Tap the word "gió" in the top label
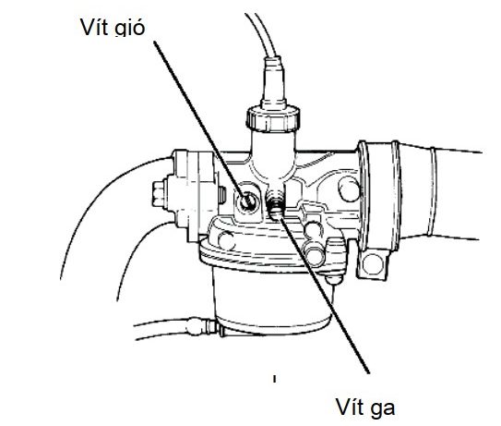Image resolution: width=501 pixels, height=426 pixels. tap(130, 28)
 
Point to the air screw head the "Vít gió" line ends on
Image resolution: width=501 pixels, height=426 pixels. tap(246, 201)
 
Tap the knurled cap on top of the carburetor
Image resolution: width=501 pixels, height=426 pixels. tap(273, 118)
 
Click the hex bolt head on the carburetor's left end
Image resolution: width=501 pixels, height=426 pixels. tap(159, 194)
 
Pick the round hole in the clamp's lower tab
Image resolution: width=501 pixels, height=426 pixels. tap(373, 264)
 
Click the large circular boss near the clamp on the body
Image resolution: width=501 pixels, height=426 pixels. tap(349, 189)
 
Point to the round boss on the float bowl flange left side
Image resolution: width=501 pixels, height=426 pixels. tap(227, 240)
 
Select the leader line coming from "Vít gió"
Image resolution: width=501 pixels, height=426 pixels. tap(200, 121)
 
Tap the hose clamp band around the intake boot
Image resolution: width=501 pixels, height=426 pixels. tap(378, 195)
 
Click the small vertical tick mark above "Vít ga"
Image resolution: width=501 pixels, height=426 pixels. tap(274, 379)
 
